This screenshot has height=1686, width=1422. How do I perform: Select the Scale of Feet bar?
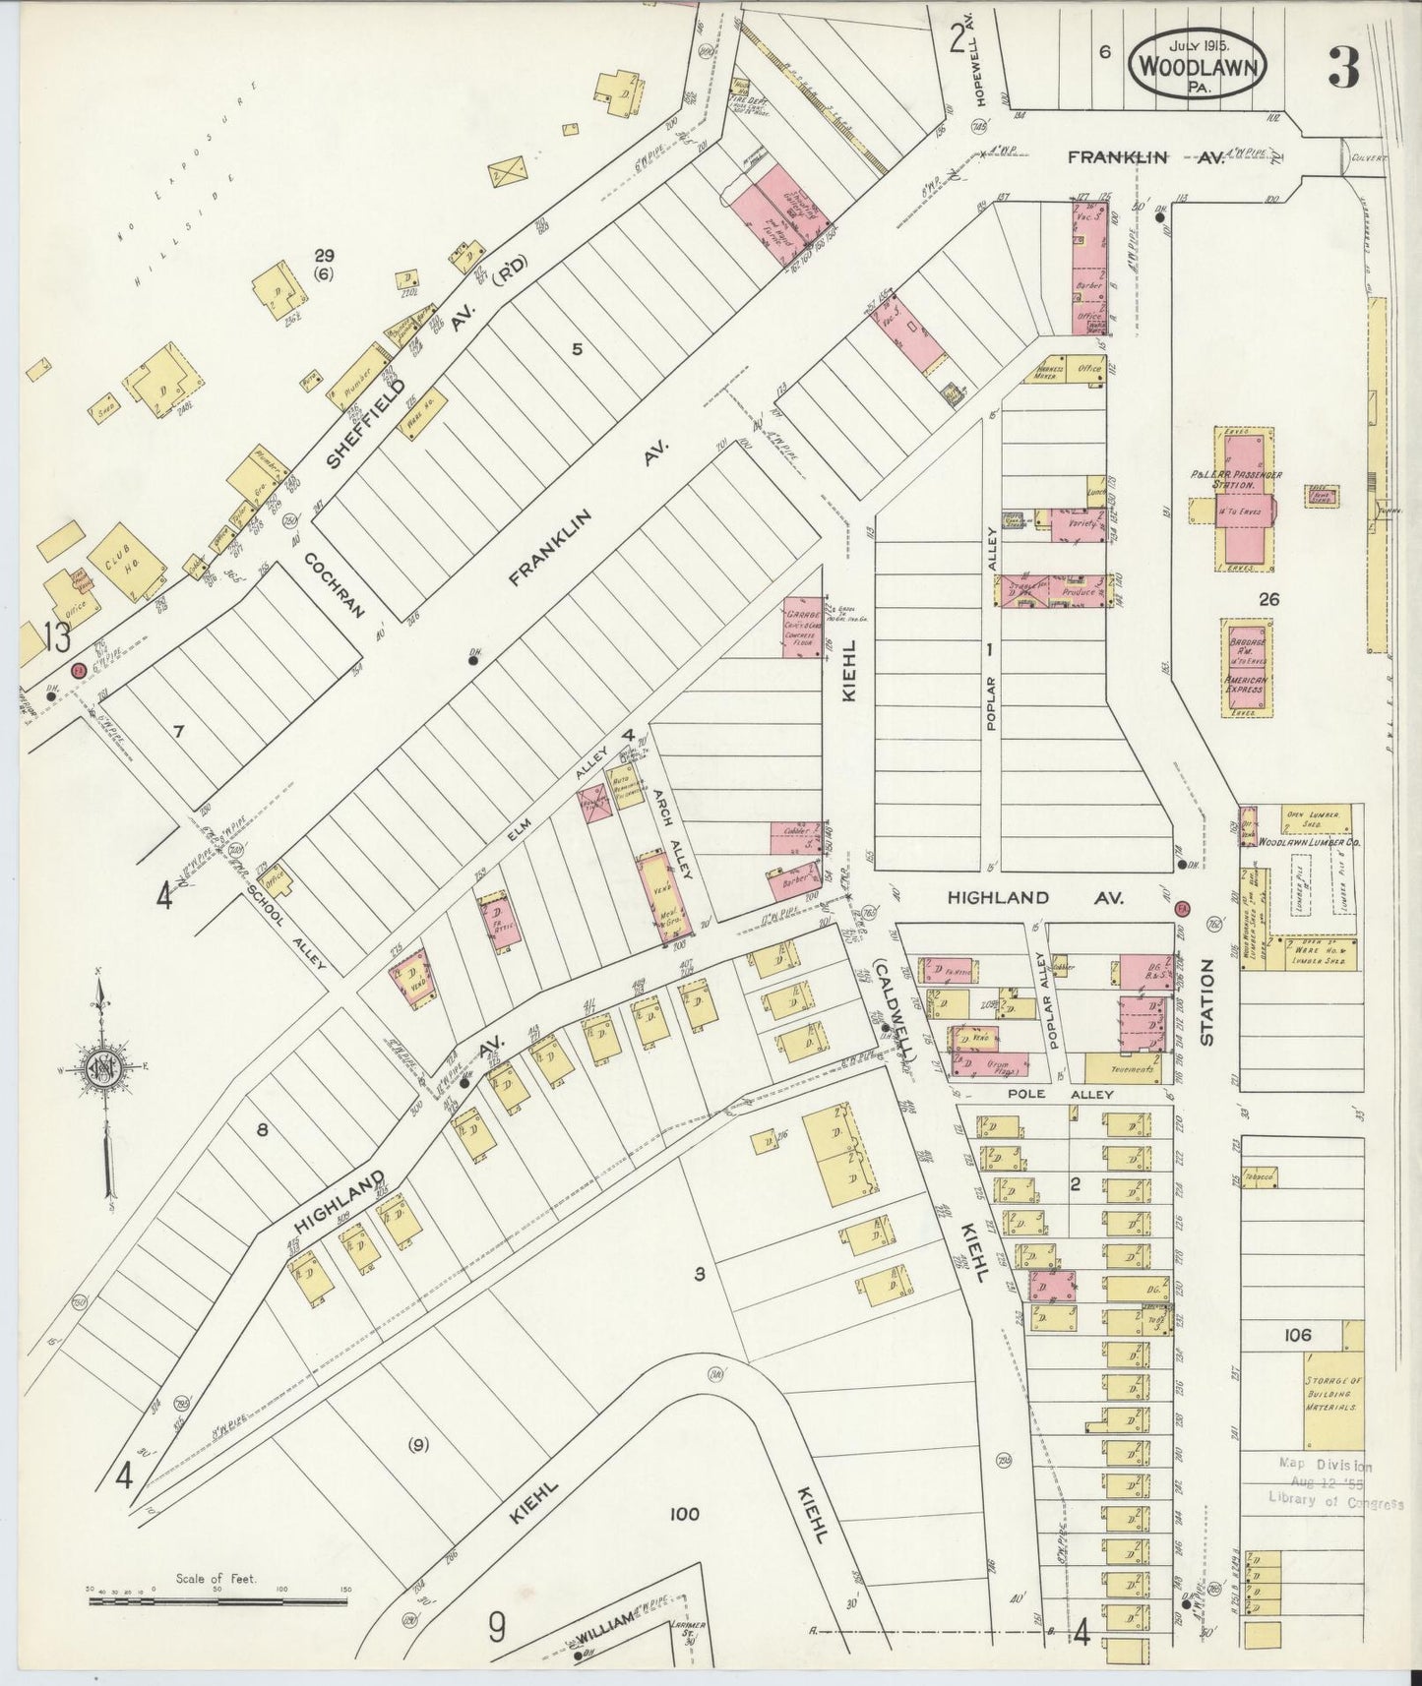tap(216, 1600)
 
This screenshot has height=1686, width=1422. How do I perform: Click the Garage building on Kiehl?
tap(803, 627)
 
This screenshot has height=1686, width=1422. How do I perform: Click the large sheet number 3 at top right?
tap(1342, 67)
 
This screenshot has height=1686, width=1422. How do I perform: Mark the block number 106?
tap(1297, 1335)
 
